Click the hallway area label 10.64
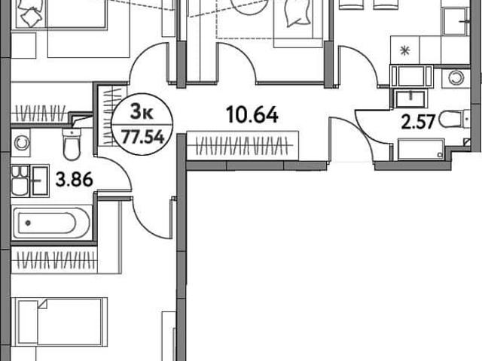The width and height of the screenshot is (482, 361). pos(252,114)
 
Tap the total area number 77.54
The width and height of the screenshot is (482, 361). pos(143,137)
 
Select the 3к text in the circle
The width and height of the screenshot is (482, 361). pos(142,111)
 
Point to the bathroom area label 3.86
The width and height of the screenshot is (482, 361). pos(74,180)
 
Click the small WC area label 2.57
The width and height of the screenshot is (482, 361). pos(419,122)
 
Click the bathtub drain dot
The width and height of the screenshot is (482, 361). pos(29,223)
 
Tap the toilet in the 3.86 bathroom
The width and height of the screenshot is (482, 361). pos(72,144)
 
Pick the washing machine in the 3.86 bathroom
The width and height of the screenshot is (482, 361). pos(21,143)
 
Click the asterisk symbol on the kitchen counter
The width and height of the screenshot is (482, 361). pos(405,50)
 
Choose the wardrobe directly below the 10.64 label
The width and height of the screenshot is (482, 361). pos(243,145)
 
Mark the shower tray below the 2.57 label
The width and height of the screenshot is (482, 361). pos(420,150)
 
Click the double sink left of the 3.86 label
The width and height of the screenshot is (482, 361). pos(30,180)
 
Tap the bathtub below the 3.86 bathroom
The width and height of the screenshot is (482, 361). pos(52,223)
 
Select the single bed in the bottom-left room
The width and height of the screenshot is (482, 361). pos(59,322)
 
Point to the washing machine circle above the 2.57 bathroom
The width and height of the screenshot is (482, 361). pos(456,78)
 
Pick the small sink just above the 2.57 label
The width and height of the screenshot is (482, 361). pos(410,99)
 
